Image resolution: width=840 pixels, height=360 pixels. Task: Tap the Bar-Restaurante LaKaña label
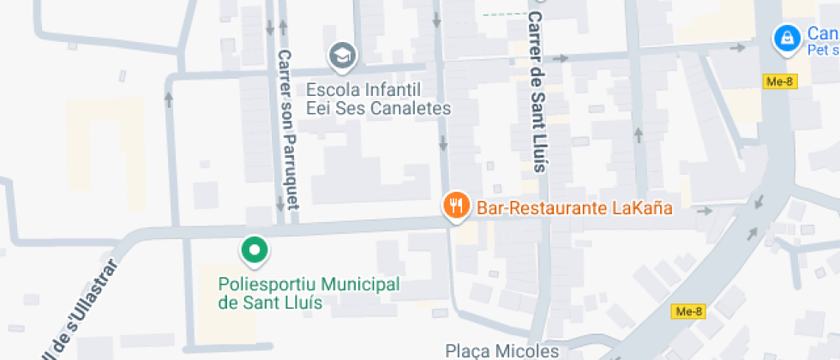click(573, 207)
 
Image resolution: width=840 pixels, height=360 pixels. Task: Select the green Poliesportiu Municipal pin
click(254, 249)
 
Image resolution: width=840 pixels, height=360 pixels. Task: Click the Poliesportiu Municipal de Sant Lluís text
click(309, 292)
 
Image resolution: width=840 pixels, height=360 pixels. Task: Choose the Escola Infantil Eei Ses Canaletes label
click(378, 99)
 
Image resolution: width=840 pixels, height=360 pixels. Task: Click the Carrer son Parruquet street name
click(287, 129)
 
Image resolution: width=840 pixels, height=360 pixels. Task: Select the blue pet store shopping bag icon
click(783, 38)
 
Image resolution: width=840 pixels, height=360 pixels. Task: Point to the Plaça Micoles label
click(501, 351)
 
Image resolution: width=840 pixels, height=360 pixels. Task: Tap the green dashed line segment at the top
click(504, 15)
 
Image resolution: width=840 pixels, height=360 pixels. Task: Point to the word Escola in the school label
click(329, 89)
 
